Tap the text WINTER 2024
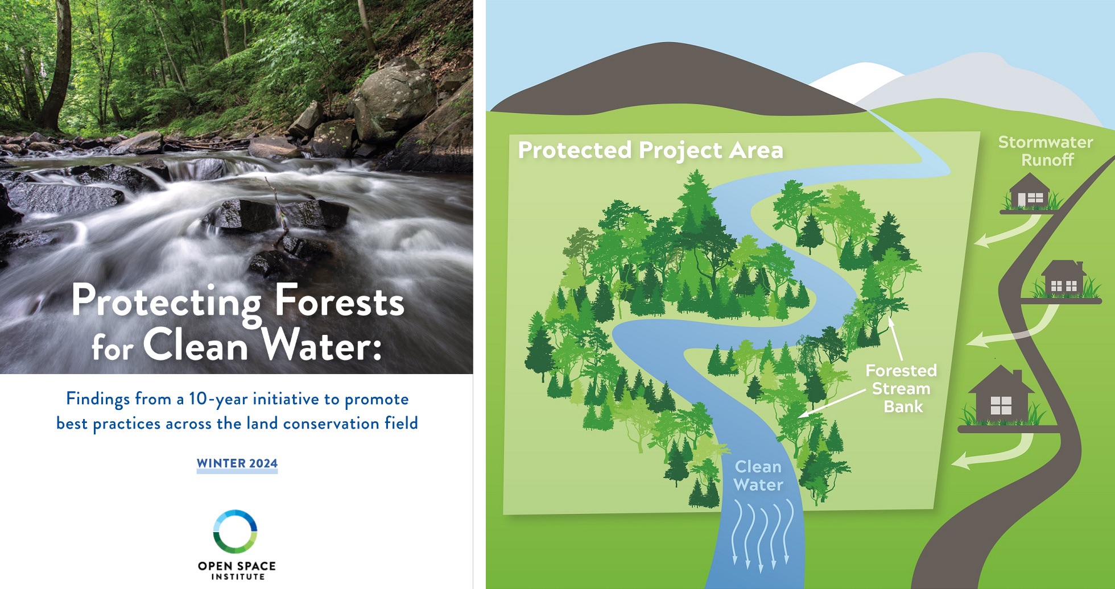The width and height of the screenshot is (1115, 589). click(x=237, y=463)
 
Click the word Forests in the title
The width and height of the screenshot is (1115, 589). click(x=340, y=301)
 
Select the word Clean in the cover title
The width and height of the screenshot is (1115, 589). click(x=196, y=344)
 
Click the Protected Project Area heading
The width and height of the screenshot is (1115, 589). click(x=650, y=150)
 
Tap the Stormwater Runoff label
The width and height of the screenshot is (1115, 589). click(x=1046, y=151)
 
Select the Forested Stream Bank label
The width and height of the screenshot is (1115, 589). click(x=902, y=388)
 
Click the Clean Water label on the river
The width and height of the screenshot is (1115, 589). click(x=758, y=475)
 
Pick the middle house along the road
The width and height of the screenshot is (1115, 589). click(x=1063, y=280)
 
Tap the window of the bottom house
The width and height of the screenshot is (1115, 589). click(x=1001, y=405)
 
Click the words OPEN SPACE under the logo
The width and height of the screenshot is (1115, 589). click(x=237, y=566)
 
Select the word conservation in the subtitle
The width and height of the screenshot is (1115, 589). click(x=332, y=424)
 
